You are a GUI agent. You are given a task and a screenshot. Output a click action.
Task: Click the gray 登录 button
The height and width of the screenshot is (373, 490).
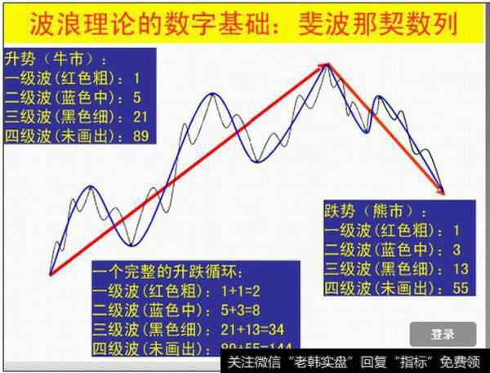pos(442,334)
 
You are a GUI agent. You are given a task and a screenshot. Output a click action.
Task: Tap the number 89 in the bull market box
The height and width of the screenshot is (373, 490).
pos(140,135)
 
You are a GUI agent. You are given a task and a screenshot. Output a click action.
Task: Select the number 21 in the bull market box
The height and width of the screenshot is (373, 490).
pos(140,117)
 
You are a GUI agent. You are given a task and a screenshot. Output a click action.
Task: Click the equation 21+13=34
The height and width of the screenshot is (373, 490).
pos(239,330)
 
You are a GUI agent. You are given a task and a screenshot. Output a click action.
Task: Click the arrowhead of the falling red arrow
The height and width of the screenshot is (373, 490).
pos(443,193)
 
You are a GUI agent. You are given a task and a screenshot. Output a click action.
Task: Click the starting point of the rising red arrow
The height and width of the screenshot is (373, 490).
pos(50,275)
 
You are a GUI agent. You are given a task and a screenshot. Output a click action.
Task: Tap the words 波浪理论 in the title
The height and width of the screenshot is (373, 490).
pos(69,24)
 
